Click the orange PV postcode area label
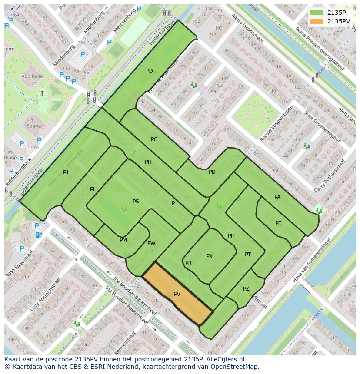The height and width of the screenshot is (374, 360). [x=177, y=294]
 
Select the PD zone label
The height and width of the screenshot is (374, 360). [x=149, y=71]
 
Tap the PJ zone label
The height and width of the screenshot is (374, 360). [x=66, y=172]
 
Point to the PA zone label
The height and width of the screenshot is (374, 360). [x=277, y=197]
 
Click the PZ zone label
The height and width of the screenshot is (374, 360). [x=246, y=289]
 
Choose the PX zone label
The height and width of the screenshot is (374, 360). [x=209, y=256]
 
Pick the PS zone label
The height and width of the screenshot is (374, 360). [x=136, y=202]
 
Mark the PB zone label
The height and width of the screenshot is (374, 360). [x=212, y=172]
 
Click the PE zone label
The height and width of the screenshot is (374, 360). [x=278, y=223]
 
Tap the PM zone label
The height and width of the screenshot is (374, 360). [x=123, y=240]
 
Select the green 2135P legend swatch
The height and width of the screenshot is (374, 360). [x=317, y=13]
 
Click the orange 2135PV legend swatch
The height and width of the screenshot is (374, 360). [x=317, y=21]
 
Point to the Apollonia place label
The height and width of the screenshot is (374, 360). [x=32, y=76]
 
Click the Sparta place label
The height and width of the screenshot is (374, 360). [x=34, y=126]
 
